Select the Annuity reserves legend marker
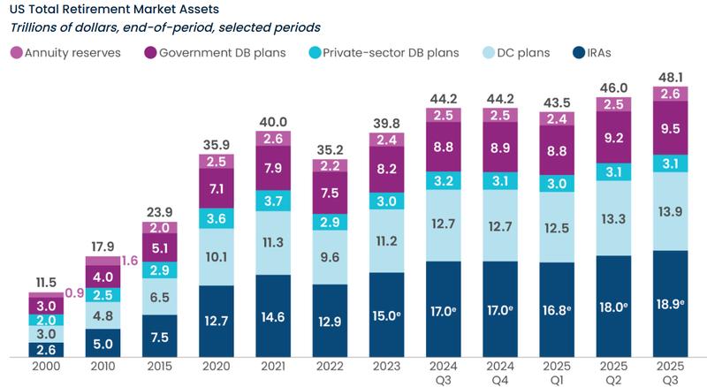click(15, 53)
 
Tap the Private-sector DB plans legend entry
click(380, 53)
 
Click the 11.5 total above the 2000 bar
click(46, 281)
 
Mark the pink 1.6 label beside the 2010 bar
click(131, 261)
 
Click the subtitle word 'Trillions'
click(37, 28)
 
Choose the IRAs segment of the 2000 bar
click(46, 350)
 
